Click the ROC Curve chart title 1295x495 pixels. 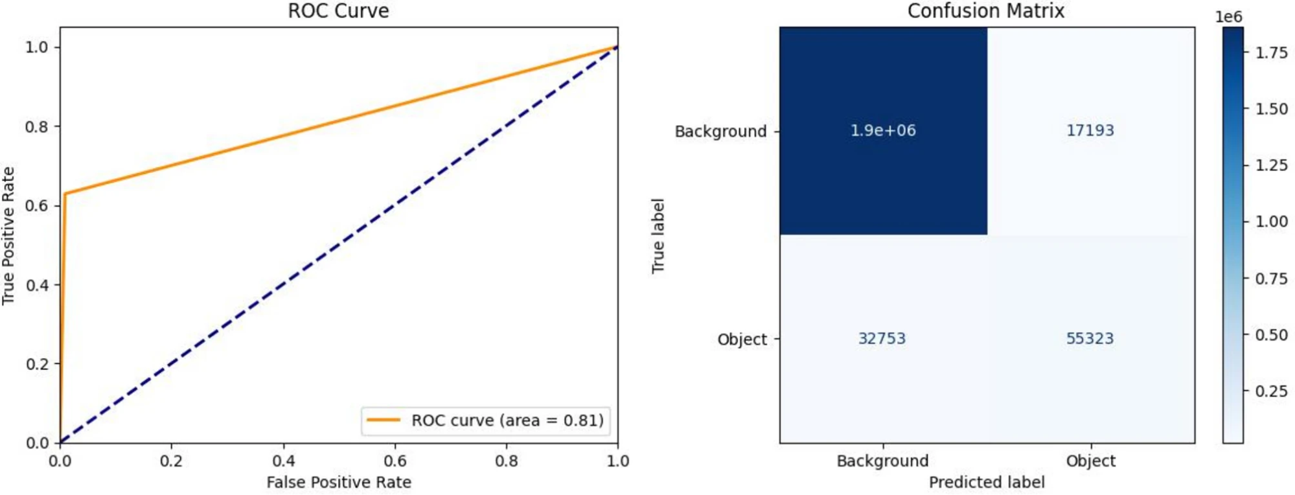pos(338,11)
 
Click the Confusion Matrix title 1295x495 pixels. pos(985,11)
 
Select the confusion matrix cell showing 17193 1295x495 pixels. pos(1090,130)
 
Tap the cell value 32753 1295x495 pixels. pos(882,338)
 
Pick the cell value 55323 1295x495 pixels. pos(1090,338)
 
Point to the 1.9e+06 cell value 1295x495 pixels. pos(883,130)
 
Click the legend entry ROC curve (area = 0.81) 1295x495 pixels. pos(486,420)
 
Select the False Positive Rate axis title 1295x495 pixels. pos(339,482)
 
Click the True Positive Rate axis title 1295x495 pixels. pos(8,236)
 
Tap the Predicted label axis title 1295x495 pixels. pos(987,482)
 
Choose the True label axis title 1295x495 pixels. pos(658,236)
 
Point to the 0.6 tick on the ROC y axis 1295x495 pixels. pos(37,205)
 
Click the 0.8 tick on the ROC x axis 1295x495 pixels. pos(507,461)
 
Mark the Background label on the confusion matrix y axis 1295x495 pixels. pos(720,132)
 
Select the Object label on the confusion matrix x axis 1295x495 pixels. pos(1091,461)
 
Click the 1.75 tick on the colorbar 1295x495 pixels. pos(1272,53)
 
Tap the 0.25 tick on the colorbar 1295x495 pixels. pos(1272,391)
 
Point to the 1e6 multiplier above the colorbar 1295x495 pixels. pos(1229,17)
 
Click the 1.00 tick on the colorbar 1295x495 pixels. pos(1272,222)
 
